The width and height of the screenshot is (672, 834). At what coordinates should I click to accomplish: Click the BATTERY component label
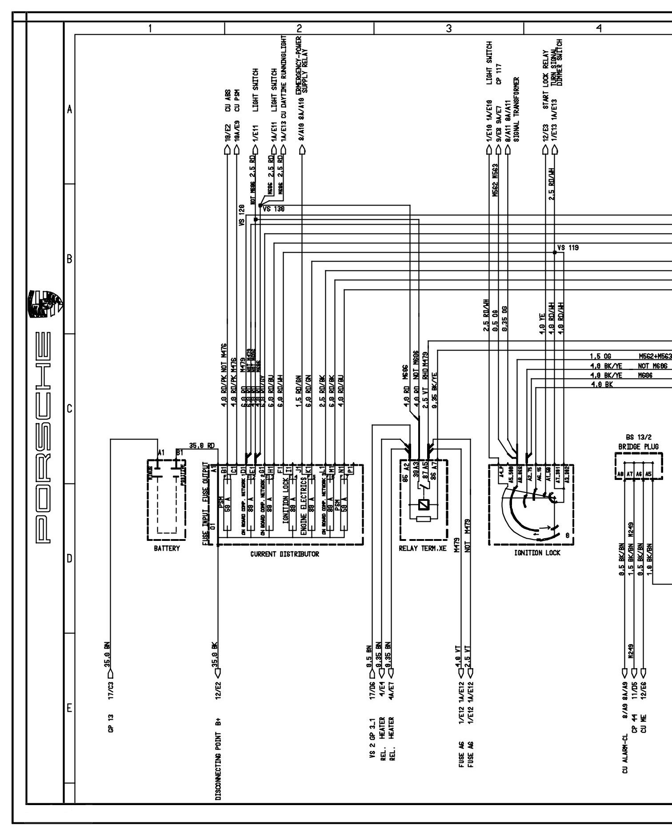click(167, 548)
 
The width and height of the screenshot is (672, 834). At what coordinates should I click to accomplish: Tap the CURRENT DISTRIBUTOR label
click(284, 554)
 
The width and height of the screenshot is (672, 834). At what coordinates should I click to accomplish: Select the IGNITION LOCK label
click(537, 553)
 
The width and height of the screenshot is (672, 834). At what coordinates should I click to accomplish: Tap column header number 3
click(449, 28)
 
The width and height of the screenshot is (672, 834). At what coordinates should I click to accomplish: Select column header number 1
click(150, 28)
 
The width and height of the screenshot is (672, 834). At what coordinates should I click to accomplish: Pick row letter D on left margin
click(69, 558)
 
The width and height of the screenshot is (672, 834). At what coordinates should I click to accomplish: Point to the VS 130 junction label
click(273, 208)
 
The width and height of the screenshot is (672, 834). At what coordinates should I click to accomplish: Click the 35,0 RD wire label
click(202, 445)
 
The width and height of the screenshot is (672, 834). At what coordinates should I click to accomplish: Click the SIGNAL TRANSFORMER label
click(516, 109)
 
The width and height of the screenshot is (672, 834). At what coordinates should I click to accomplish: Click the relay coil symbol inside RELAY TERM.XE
click(423, 505)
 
